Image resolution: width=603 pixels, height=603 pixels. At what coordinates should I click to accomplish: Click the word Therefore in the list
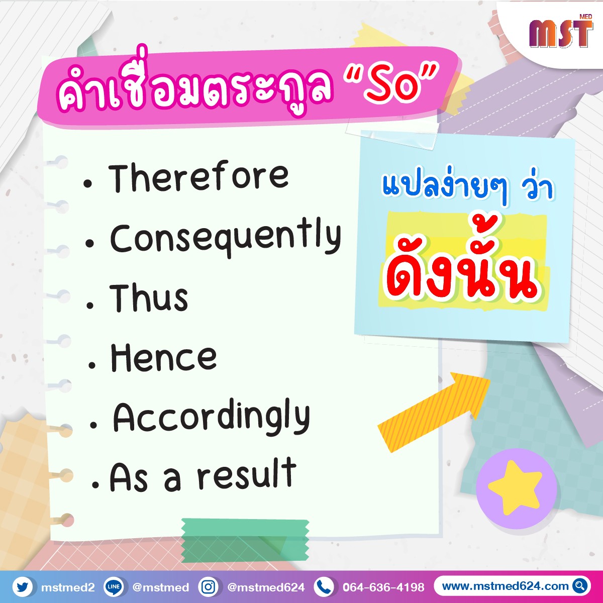198,176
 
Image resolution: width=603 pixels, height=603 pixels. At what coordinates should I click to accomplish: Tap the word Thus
149,298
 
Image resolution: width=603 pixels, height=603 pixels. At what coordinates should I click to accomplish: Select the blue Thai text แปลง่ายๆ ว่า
468,189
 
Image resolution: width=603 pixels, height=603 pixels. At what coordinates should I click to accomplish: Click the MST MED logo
561,31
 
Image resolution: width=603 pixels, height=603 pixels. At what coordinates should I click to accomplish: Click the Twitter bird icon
22,587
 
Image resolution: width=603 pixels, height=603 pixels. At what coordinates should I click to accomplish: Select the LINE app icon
113,587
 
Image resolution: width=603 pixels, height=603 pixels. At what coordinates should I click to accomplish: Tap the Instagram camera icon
209,587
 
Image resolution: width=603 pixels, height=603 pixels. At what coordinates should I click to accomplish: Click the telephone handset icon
324,587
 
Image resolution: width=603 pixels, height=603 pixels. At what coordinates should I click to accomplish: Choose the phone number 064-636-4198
383,587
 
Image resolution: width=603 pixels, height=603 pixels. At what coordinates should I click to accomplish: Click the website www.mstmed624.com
505,586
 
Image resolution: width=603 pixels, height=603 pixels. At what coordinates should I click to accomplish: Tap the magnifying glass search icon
579,586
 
